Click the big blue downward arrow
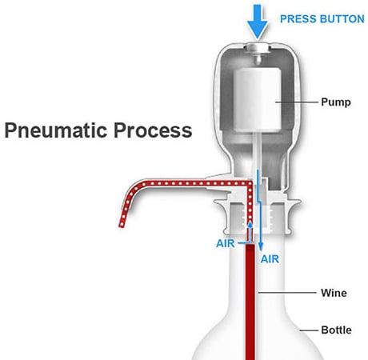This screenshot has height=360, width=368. click(257, 22)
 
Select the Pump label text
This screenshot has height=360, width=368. click(336, 102)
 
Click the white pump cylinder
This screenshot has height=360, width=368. click(258, 99)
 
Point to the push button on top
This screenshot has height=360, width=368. click(258, 47)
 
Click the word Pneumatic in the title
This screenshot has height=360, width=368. click(56, 130)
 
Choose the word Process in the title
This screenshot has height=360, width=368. click(153, 130)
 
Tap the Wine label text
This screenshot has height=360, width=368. click(334, 293)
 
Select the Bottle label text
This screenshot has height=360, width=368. click(336, 330)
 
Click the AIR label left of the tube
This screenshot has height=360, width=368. click(226, 243)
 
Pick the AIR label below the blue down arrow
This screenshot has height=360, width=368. click(270, 259)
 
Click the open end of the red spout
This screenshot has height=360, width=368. click(122, 226)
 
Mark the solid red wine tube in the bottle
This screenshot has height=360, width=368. click(250, 302)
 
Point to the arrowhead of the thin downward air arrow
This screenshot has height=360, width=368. click(261, 246)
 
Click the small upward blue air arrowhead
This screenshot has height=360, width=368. click(250, 224)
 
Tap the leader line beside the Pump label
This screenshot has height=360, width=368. click(297, 102)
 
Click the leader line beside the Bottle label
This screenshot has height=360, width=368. click(309, 330)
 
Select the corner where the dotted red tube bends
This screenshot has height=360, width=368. click(250, 183)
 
